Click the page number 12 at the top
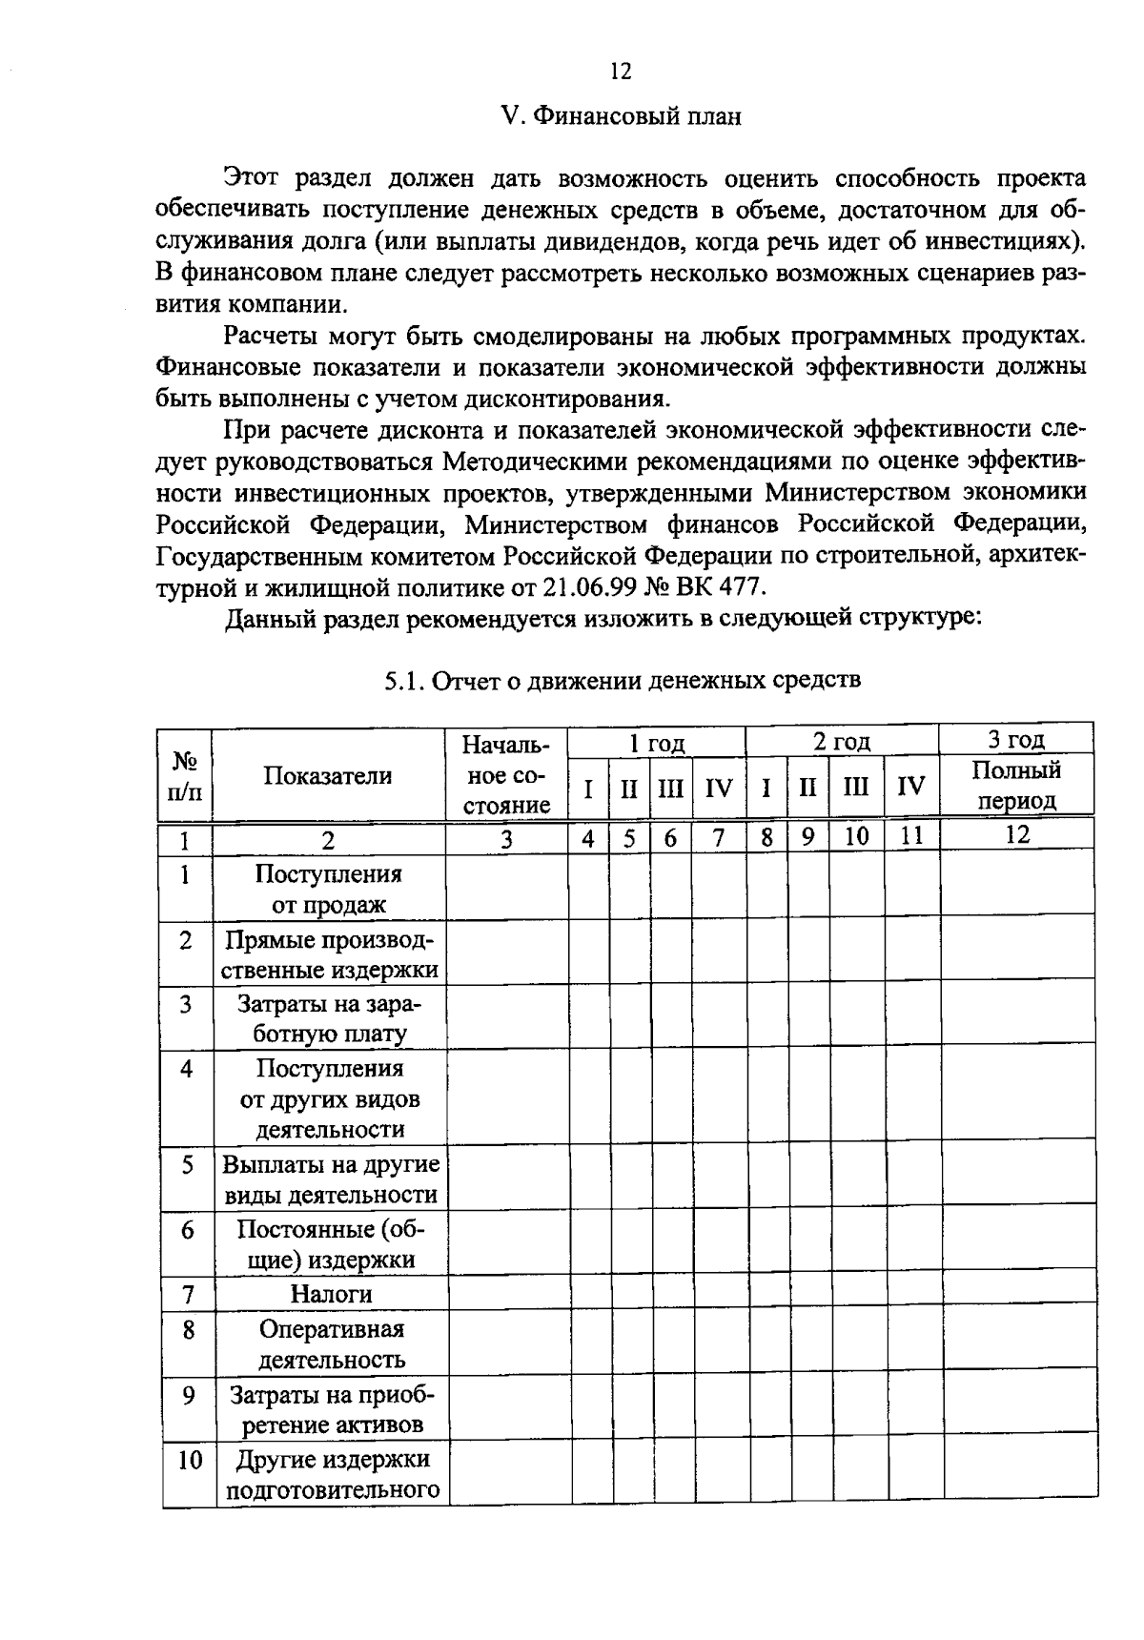(x=620, y=72)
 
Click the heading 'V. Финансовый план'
(x=621, y=116)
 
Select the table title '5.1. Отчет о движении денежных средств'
(x=622, y=680)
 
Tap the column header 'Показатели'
(x=328, y=776)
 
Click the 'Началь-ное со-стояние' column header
(x=506, y=774)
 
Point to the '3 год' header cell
(x=1016, y=739)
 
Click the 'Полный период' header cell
(x=1016, y=785)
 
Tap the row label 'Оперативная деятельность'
(x=331, y=1343)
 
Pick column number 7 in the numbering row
(x=719, y=837)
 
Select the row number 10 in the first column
(x=190, y=1460)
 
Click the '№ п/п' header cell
(x=186, y=776)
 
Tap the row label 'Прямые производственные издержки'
(x=331, y=954)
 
